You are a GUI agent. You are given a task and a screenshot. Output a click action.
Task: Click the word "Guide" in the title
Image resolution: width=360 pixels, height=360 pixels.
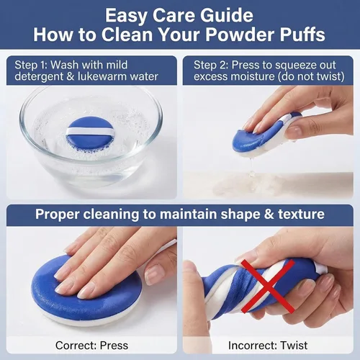point(227,15)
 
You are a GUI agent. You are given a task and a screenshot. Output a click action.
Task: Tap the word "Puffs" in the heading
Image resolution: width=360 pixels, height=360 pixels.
point(302,35)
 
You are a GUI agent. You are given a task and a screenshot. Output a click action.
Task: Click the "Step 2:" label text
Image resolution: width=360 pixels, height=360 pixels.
point(211,65)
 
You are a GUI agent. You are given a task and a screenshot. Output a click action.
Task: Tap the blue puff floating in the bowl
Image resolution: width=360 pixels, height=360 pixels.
point(90,133)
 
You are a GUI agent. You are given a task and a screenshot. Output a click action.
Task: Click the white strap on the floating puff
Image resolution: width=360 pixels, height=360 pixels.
point(90,131)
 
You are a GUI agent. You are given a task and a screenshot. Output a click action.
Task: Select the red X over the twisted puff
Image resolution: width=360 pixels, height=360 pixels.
point(268,287)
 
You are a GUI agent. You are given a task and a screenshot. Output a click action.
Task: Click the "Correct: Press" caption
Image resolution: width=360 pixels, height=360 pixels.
point(91,346)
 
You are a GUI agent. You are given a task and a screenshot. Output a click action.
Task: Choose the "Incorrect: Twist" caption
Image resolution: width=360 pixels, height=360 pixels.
point(268,346)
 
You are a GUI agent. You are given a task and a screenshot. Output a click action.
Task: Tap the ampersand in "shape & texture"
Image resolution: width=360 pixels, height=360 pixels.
point(269,214)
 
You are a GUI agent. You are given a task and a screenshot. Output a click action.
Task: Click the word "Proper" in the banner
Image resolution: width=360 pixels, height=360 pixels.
point(57,215)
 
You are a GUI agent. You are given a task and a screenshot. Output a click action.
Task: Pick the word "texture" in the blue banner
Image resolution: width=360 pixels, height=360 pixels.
point(302,214)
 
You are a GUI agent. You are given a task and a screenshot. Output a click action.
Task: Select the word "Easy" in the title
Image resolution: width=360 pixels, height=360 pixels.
point(127,16)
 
